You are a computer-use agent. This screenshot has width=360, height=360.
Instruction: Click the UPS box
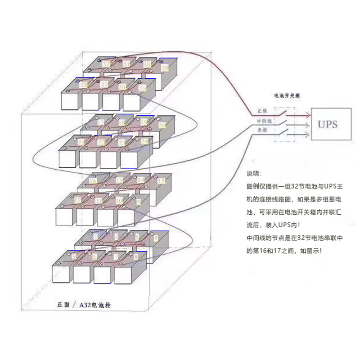327,125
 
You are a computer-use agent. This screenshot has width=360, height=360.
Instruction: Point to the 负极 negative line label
262,130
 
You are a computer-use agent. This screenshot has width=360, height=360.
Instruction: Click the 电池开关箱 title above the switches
288,96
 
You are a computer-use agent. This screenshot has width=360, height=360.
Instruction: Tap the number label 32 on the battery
106,64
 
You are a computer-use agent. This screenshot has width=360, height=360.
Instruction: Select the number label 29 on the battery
165,68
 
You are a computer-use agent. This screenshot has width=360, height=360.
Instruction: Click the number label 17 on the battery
101,122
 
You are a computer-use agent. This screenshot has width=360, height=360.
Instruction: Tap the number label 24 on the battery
144,141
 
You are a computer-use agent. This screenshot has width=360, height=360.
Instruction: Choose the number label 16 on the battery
93,181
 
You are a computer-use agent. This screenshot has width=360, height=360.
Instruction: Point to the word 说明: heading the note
253,174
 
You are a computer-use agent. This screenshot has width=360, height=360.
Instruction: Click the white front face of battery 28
70,100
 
